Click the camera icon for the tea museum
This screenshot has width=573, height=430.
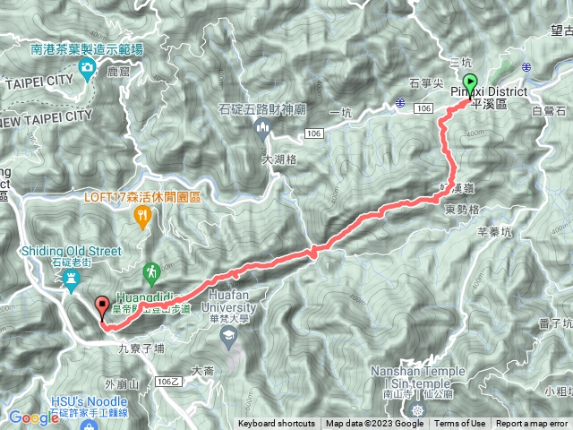point(88,69)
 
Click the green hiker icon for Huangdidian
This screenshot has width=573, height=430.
point(152,270)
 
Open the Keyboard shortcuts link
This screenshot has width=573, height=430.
point(276,424)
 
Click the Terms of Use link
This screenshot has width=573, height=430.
point(460,424)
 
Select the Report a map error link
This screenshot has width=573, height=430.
point(533,424)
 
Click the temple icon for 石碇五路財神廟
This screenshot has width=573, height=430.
point(262,131)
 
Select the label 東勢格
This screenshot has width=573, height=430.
point(460,208)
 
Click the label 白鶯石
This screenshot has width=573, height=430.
point(549,110)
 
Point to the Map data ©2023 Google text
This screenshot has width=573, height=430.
point(374,424)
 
